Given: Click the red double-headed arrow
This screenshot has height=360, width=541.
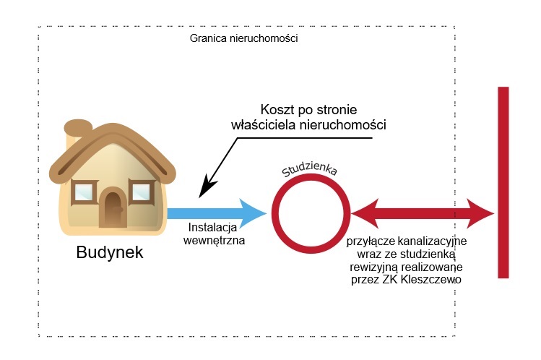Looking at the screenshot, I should (x=423, y=213).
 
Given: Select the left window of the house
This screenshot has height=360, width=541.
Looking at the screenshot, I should (x=85, y=192).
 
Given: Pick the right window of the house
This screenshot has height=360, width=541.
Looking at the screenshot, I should (x=142, y=192).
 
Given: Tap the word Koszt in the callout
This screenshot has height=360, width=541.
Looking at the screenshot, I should (x=279, y=108).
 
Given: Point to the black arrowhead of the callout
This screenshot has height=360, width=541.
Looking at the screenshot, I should (x=204, y=191).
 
